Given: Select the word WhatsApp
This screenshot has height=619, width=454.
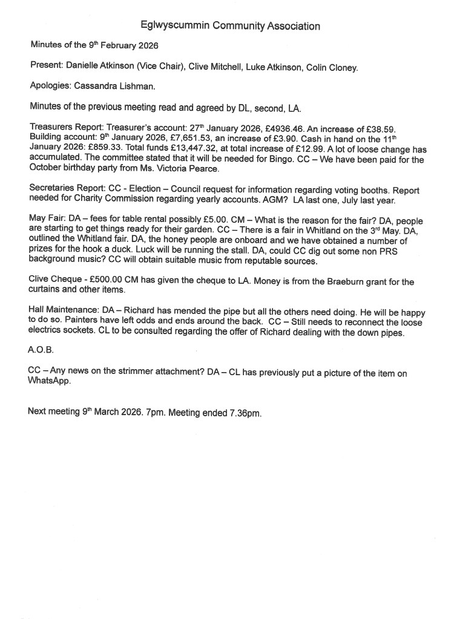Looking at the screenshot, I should (x=50, y=382).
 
